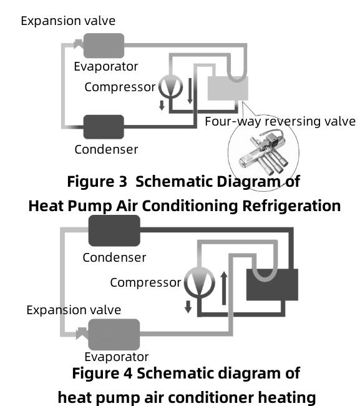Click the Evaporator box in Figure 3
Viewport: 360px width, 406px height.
click(x=104, y=45)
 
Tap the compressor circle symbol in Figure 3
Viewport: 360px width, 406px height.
click(x=167, y=86)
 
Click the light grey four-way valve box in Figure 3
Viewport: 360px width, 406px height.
click(x=227, y=89)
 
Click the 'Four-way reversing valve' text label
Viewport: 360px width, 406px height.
click(x=280, y=121)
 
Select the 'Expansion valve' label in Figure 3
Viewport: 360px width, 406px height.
click(x=68, y=21)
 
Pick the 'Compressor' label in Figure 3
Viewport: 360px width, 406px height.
click(x=119, y=87)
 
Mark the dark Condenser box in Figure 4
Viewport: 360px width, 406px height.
click(x=115, y=230)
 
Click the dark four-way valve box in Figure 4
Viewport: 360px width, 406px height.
click(x=272, y=284)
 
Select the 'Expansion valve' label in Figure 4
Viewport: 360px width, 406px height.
click(x=74, y=310)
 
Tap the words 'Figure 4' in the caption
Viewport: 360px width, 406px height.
click(x=102, y=374)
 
